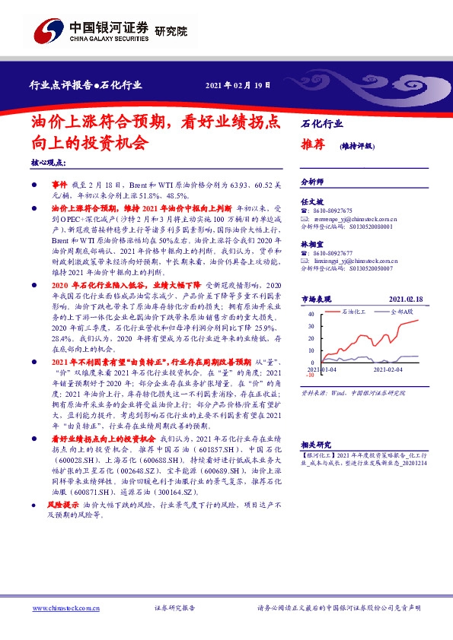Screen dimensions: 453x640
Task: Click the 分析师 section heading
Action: tap(313, 182)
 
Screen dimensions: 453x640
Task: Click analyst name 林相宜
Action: tap(313, 245)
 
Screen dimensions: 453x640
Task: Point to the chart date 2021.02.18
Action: tap(408, 299)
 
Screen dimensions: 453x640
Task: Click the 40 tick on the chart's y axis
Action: tap(310, 313)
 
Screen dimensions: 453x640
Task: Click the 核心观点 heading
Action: tap(49, 163)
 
